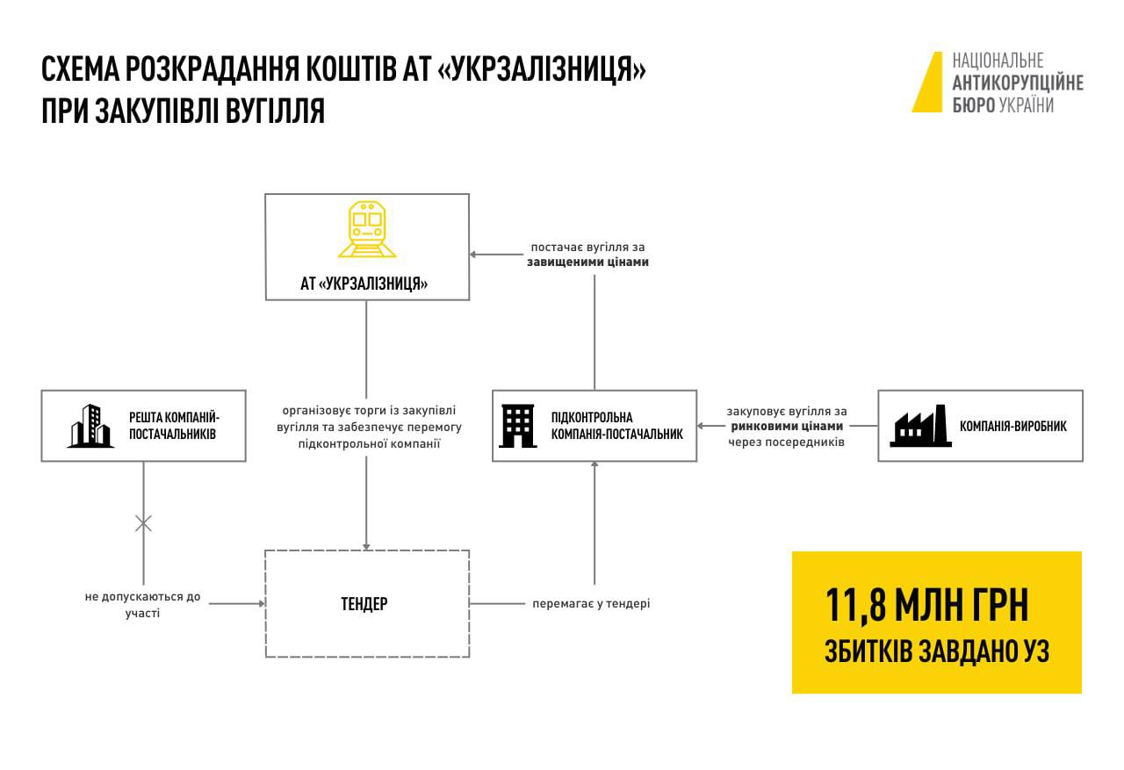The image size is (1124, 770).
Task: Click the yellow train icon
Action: [x=367, y=229]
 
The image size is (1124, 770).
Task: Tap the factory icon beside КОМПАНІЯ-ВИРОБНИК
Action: [x=920, y=426]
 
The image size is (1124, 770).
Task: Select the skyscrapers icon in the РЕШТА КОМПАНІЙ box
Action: [x=90, y=426]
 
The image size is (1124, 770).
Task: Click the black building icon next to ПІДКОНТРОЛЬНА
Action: [x=518, y=426]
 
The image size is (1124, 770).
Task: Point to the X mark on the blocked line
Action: [x=143, y=523]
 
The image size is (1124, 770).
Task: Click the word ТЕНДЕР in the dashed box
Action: [x=364, y=604]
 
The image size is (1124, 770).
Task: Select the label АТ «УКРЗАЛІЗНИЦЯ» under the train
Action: [x=364, y=284]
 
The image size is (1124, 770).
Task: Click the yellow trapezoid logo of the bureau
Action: [x=928, y=83]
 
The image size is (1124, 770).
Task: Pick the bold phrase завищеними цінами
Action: [x=587, y=262]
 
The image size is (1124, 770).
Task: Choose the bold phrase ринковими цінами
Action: [x=787, y=427]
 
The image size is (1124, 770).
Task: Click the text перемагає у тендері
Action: [x=591, y=603]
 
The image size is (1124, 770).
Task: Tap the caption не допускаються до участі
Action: [x=142, y=604]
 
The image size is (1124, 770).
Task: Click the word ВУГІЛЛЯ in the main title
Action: [x=275, y=111]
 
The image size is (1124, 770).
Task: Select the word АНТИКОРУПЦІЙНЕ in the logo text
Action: [x=1018, y=83]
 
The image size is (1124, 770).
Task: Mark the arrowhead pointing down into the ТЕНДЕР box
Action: [x=366, y=546]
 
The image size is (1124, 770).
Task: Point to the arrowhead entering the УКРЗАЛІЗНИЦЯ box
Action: [x=473, y=255]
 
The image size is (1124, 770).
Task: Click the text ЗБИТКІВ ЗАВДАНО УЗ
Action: [x=937, y=651]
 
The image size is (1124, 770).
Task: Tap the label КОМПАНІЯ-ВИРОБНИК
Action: [x=1013, y=426]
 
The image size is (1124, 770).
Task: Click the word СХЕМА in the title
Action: [x=80, y=68]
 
